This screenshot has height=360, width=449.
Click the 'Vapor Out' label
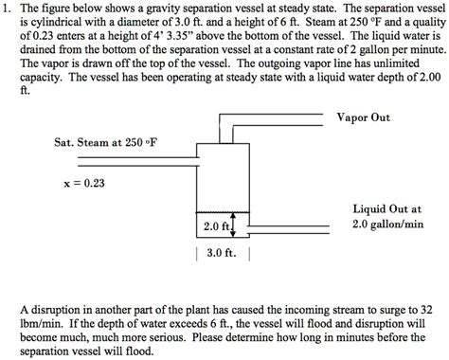tap(364, 118)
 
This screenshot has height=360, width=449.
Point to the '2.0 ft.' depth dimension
tap(216, 226)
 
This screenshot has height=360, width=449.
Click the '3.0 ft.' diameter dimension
tap(222, 253)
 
